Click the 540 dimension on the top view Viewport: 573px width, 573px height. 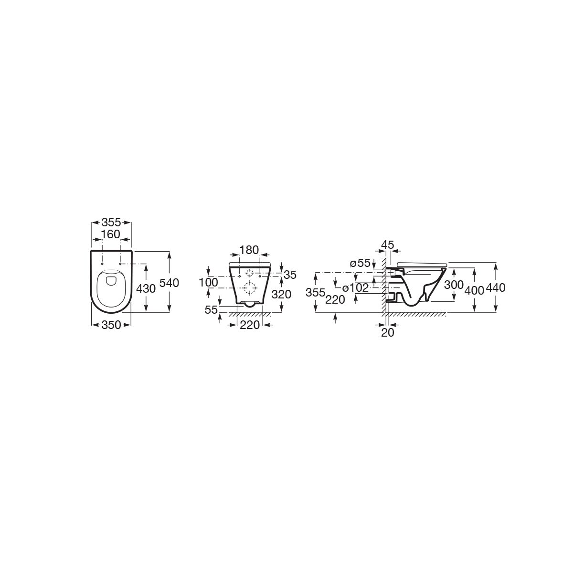click(x=169, y=283)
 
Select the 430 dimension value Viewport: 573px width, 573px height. click(x=146, y=288)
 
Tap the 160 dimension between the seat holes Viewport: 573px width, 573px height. click(x=111, y=234)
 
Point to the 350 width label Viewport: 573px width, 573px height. click(x=111, y=325)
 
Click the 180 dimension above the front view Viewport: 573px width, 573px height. click(x=249, y=250)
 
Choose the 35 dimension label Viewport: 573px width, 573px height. click(x=290, y=275)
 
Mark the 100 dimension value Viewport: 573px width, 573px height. click(x=209, y=283)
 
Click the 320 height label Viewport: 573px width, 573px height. click(x=281, y=295)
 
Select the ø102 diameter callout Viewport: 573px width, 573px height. click(x=355, y=288)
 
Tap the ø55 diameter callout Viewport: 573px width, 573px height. click(x=361, y=263)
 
